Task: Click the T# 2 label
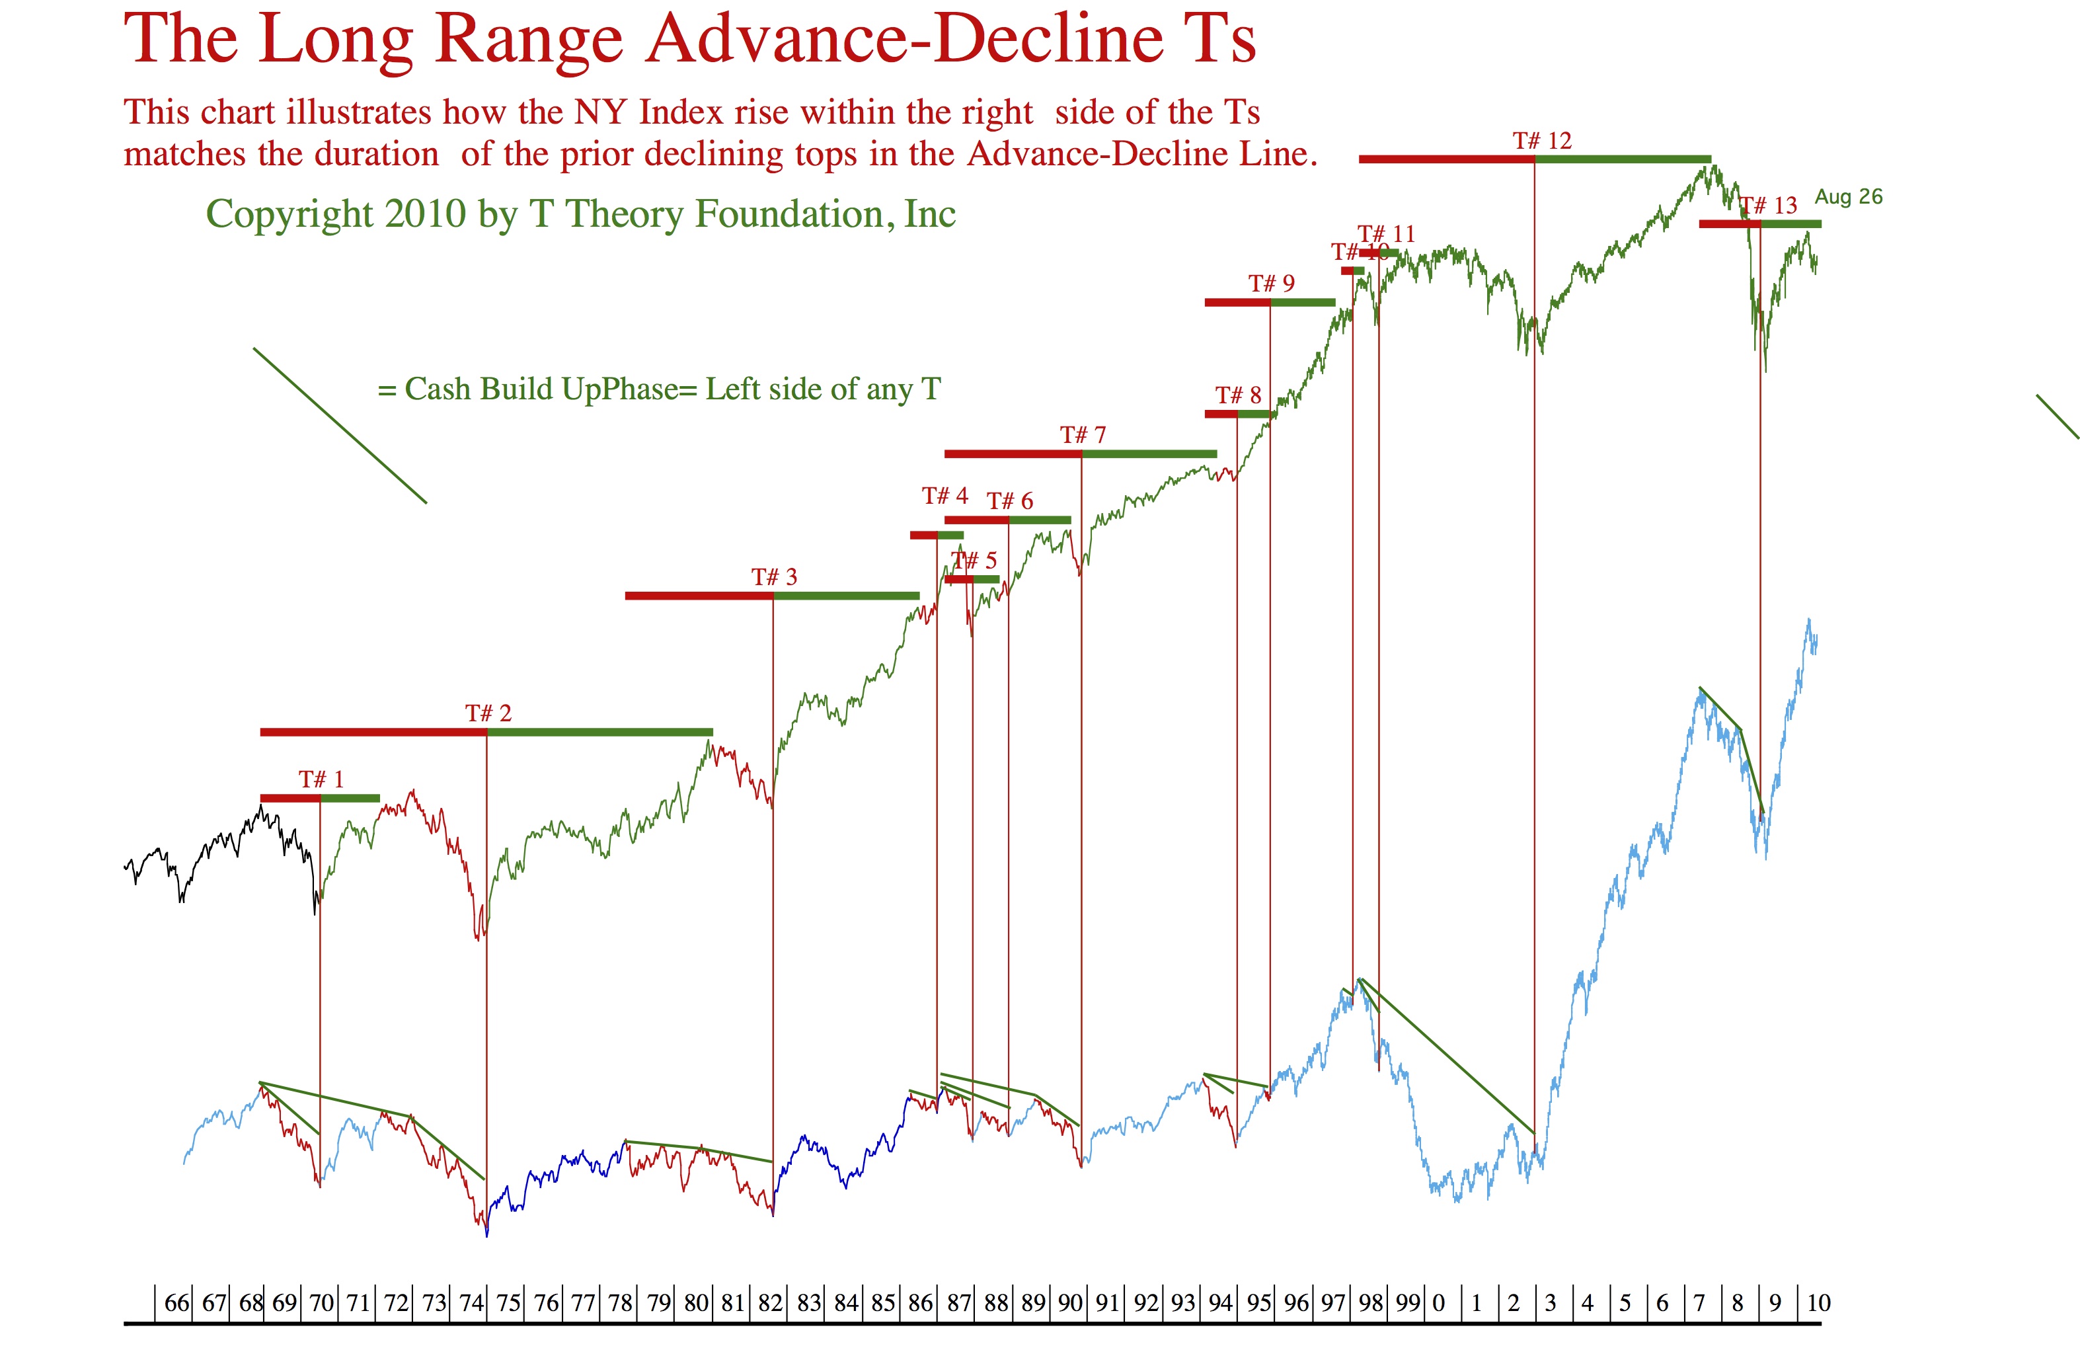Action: (x=488, y=713)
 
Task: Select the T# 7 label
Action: (x=1083, y=434)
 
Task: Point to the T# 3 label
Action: (x=775, y=577)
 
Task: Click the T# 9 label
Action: (x=1272, y=283)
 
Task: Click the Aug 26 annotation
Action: (x=1849, y=196)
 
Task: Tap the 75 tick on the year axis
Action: (x=509, y=1303)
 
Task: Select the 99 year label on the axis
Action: (x=1408, y=1303)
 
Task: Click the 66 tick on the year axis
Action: (x=176, y=1303)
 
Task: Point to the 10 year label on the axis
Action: (x=1819, y=1303)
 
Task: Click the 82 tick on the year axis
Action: (x=770, y=1303)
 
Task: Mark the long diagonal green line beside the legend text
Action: (x=340, y=426)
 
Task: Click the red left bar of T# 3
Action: (x=699, y=596)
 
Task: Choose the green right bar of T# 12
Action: (x=1623, y=159)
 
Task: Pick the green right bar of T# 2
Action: (x=600, y=733)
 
